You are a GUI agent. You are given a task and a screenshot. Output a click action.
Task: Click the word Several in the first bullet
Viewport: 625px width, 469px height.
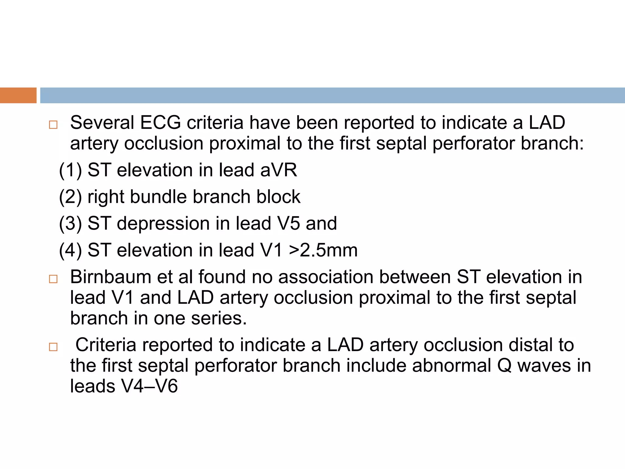(102, 123)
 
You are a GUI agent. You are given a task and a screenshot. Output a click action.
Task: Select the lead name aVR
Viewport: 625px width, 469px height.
(278, 170)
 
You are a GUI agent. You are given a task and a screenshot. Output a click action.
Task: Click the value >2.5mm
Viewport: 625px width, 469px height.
(323, 250)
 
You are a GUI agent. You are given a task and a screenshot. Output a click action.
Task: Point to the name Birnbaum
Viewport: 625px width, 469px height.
(110, 277)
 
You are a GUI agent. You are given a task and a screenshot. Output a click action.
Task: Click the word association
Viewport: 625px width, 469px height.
(326, 277)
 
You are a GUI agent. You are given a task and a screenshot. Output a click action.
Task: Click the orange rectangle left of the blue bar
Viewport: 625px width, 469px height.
(18, 95)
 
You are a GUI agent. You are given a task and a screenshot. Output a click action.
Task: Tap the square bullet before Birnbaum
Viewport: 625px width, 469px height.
(53, 279)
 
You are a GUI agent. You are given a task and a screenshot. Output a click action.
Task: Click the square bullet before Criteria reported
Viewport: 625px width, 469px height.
(53, 347)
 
